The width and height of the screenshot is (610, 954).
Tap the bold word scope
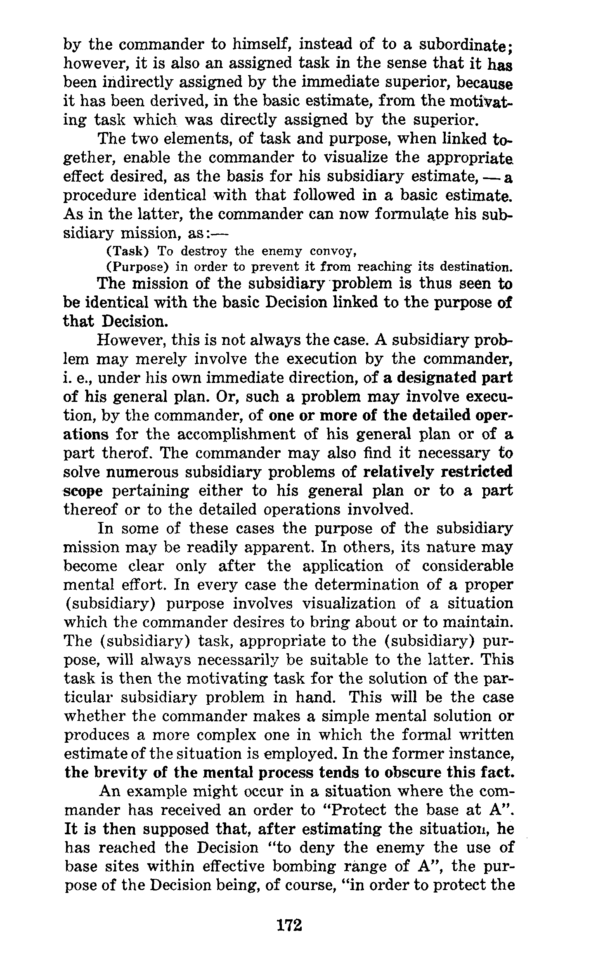point(83,491)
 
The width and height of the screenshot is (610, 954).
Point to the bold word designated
point(434,378)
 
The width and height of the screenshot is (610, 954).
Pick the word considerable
point(467,566)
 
